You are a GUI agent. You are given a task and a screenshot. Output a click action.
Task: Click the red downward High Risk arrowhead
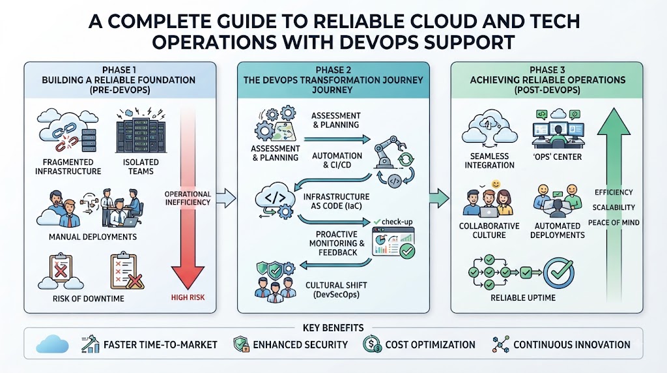pyautogui.click(x=188, y=276)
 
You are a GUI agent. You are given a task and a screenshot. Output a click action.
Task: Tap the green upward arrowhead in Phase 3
pyautogui.click(x=614, y=122)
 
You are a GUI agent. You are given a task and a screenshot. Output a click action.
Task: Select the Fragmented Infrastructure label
pyautogui.click(x=68, y=166)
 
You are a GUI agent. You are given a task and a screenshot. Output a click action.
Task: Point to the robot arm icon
pyautogui.click(x=389, y=151)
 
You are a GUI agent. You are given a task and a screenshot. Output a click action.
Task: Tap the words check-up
pyautogui.click(x=397, y=222)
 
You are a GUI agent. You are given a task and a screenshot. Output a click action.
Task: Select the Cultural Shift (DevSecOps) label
pyautogui.click(x=336, y=290)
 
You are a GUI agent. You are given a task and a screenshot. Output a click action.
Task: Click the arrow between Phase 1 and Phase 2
pyautogui.click(x=226, y=198)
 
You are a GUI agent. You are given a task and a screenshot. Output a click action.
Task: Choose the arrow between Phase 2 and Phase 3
pyautogui.click(x=440, y=198)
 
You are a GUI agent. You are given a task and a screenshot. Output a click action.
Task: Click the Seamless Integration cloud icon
pyautogui.click(x=489, y=127)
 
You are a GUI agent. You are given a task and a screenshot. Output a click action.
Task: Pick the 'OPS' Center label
pyautogui.click(x=558, y=157)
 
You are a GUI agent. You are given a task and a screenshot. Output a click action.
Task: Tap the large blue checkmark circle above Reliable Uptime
pyautogui.click(x=559, y=273)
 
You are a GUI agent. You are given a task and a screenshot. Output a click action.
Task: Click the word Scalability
pyautogui.click(x=614, y=207)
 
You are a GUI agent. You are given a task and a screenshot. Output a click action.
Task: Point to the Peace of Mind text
pyautogui.click(x=614, y=222)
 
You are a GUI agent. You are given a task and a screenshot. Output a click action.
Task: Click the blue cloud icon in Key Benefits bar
pyautogui.click(x=52, y=344)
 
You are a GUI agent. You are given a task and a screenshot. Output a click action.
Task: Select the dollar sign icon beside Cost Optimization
pyautogui.click(x=372, y=344)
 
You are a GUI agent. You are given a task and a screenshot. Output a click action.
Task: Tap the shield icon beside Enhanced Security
pyautogui.click(x=241, y=344)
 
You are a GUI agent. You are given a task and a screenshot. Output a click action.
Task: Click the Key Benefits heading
pyautogui.click(x=333, y=328)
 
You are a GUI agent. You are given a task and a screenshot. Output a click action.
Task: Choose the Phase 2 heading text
pyautogui.click(x=333, y=80)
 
